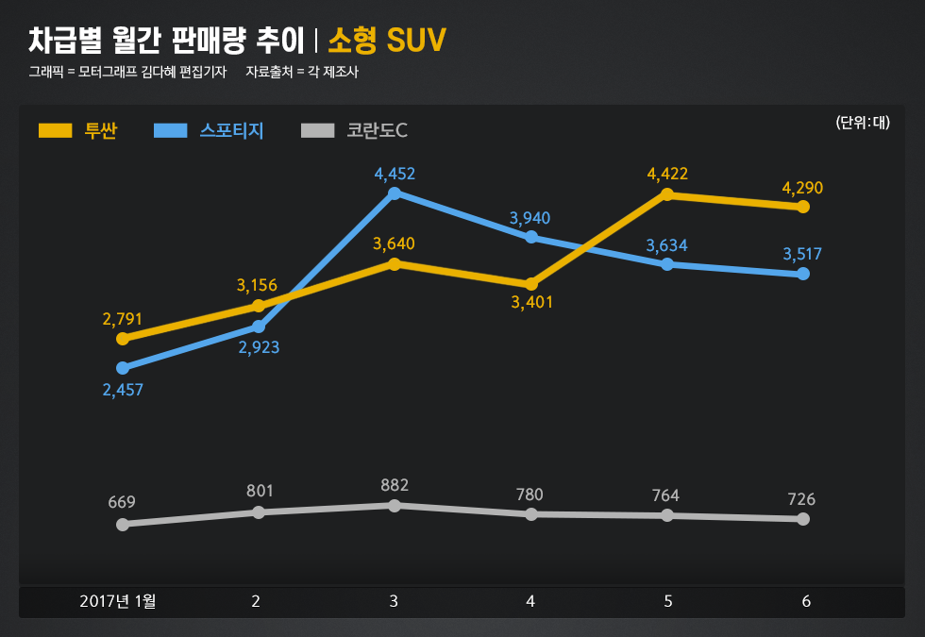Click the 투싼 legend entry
(78, 131)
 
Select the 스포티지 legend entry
(209, 131)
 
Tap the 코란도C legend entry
(354, 131)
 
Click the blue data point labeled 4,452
(395, 193)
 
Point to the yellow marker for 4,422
(667, 194)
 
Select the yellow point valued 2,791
(123, 338)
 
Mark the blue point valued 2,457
(123, 368)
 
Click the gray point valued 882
(395, 506)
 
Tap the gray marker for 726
(803, 519)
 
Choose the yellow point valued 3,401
(531, 284)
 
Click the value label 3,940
(530, 218)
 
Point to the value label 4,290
(802, 188)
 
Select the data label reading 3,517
(802, 254)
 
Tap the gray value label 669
(123, 502)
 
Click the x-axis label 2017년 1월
(118, 601)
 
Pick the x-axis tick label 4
(530, 601)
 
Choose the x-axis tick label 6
(806, 601)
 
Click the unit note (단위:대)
(863, 123)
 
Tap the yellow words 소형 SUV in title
(387, 41)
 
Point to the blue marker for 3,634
(667, 264)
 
